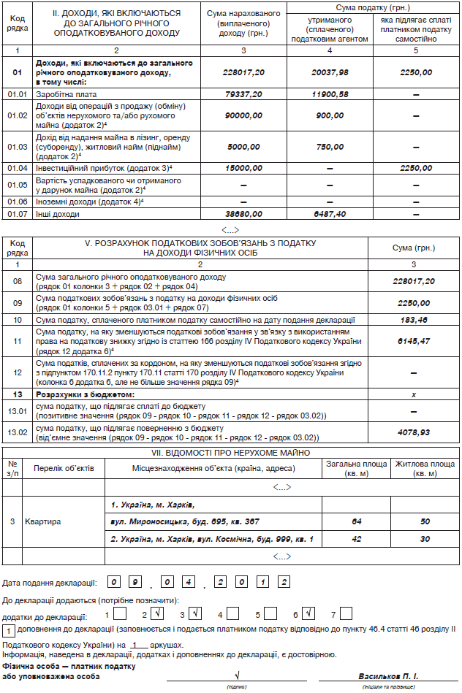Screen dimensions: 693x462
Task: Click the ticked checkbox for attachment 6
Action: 309,615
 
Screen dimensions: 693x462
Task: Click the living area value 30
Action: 425,539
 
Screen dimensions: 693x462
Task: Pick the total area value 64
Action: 357,522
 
